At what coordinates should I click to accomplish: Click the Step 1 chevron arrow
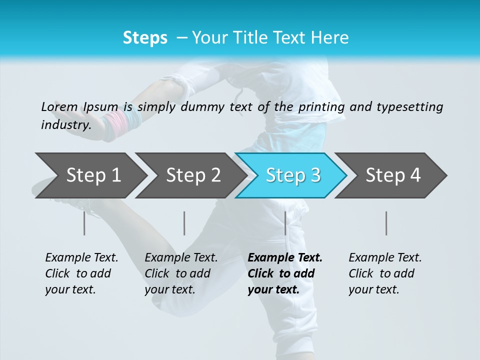[x=93, y=175]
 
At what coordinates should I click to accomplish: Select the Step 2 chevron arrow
[x=193, y=175]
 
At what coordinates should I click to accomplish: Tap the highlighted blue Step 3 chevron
[x=292, y=175]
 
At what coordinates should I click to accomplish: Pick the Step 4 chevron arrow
[x=392, y=175]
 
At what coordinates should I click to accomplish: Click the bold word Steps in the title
[x=145, y=38]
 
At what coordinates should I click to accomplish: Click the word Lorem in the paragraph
[x=59, y=106]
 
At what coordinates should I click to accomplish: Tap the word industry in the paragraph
[x=65, y=124]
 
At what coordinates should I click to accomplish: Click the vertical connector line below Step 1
[x=84, y=223]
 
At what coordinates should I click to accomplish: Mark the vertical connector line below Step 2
[x=184, y=223]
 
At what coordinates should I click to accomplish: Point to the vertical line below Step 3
[x=285, y=223]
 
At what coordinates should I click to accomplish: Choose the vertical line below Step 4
[x=386, y=223]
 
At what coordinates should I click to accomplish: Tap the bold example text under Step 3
[x=284, y=273]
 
